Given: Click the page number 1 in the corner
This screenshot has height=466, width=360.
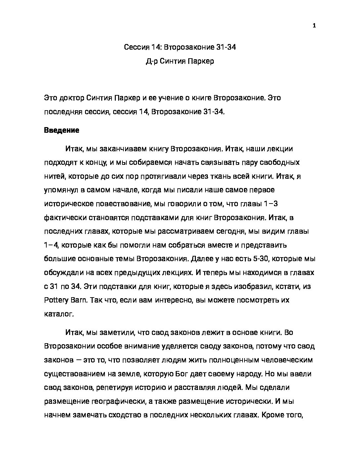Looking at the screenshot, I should click(314, 26).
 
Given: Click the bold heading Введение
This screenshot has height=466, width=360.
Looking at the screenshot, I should click(62, 130).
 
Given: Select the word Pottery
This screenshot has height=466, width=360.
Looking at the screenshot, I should click(56, 300).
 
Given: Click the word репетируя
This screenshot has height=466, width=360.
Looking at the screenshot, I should click(112, 388).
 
